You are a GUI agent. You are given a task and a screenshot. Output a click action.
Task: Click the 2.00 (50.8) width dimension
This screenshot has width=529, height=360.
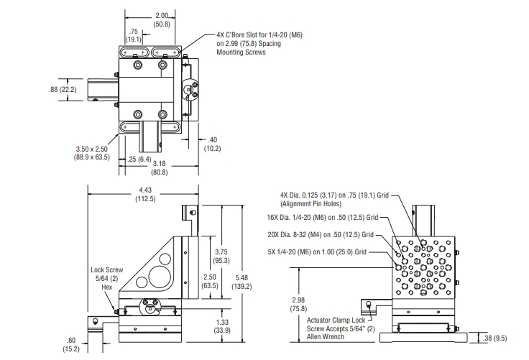click(162, 20)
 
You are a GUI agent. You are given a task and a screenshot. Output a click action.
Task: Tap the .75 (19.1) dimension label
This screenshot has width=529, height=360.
click(134, 35)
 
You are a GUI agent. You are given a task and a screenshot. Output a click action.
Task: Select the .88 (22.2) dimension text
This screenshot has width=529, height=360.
click(63, 89)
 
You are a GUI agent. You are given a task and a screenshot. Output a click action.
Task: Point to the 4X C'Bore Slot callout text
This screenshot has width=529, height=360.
click(259, 44)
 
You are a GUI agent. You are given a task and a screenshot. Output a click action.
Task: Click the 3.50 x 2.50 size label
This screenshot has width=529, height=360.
click(92, 153)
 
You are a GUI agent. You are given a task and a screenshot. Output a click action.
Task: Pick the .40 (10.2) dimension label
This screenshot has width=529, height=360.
click(213, 144)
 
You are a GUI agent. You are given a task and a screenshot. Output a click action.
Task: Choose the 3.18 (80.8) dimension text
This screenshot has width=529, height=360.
click(160, 167)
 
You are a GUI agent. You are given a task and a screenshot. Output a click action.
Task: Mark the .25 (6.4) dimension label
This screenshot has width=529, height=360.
click(139, 160)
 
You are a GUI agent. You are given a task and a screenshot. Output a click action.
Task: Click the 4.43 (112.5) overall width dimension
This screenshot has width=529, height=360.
click(145, 195)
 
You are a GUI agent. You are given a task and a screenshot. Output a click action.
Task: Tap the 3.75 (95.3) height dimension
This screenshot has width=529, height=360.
click(221, 256)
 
